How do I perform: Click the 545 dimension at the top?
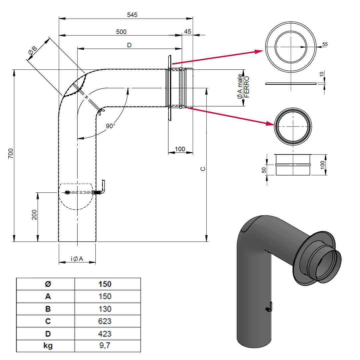[132, 15]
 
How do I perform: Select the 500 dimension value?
[121, 32]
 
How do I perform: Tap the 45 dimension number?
[187, 32]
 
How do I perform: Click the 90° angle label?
[110, 126]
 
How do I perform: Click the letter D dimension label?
[129, 45]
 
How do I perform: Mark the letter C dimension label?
[203, 169]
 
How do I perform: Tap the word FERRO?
[247, 87]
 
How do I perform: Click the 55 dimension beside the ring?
[325, 44]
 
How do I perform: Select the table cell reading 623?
[105, 321]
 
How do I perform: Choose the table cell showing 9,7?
[105, 346]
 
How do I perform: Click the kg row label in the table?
[48, 346]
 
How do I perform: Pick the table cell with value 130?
[105, 309]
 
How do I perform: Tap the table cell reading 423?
[105, 334]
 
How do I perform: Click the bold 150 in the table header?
[105, 284]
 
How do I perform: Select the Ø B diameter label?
[32, 51]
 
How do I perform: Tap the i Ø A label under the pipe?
[77, 259]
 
